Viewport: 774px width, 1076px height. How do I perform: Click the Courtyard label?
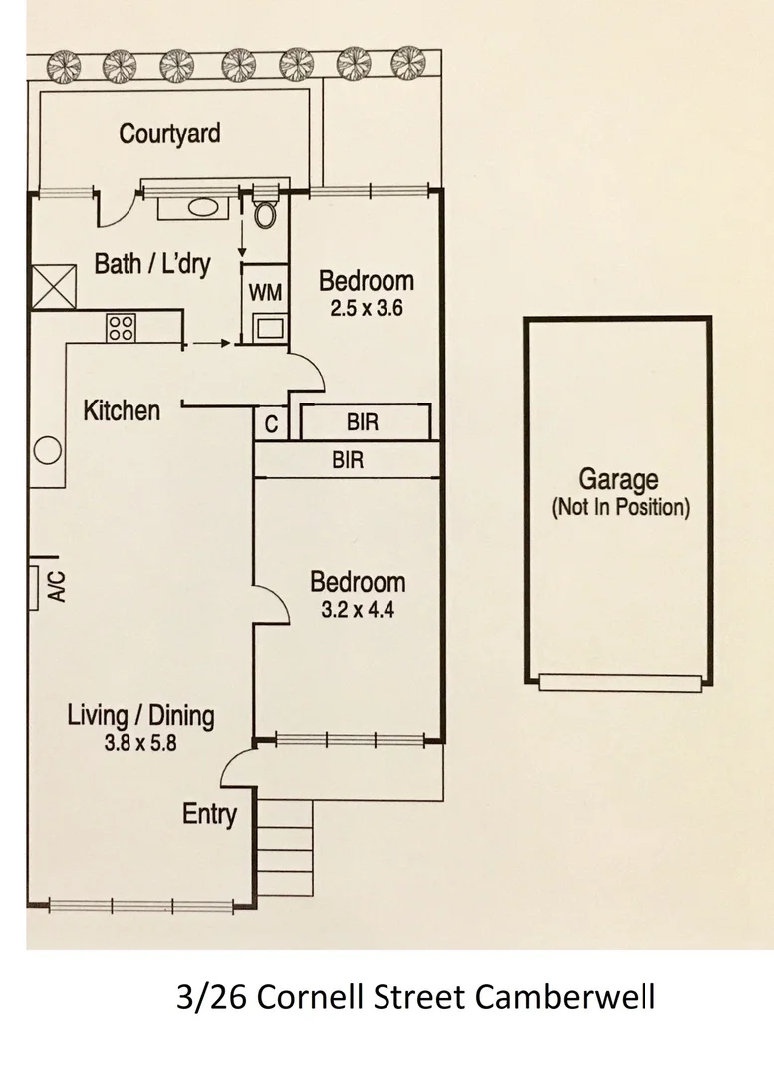click(x=169, y=134)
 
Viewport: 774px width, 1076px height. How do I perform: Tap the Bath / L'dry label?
click(x=152, y=264)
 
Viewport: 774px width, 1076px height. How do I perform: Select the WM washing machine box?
click(x=266, y=293)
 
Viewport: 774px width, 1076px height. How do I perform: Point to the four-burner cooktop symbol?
click(x=121, y=328)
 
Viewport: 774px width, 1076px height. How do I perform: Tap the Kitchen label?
click(x=121, y=410)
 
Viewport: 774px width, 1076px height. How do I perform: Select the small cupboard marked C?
click(x=271, y=424)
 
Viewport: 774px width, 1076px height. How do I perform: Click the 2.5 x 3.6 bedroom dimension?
click(x=366, y=309)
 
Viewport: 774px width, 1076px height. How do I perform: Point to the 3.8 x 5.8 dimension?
click(x=139, y=742)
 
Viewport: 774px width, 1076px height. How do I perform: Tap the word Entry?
click(x=209, y=814)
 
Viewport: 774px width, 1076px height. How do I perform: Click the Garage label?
click(x=619, y=482)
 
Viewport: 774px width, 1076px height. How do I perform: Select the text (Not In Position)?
click(x=620, y=507)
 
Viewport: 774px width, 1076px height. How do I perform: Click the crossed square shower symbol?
click(x=55, y=286)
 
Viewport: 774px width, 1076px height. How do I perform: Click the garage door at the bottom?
click(x=618, y=682)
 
